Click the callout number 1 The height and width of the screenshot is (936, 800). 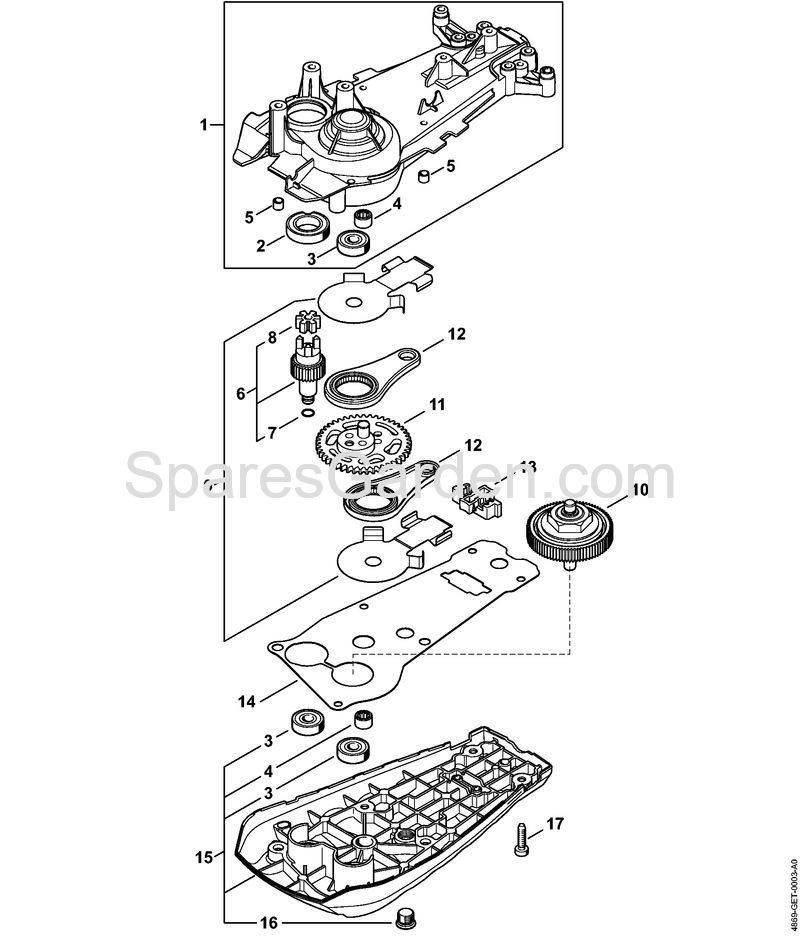204,125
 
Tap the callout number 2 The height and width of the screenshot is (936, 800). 260,245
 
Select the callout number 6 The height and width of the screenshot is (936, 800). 240,393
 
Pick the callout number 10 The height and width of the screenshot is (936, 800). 639,491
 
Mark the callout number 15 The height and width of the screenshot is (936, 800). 204,857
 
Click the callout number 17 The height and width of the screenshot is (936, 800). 555,823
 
